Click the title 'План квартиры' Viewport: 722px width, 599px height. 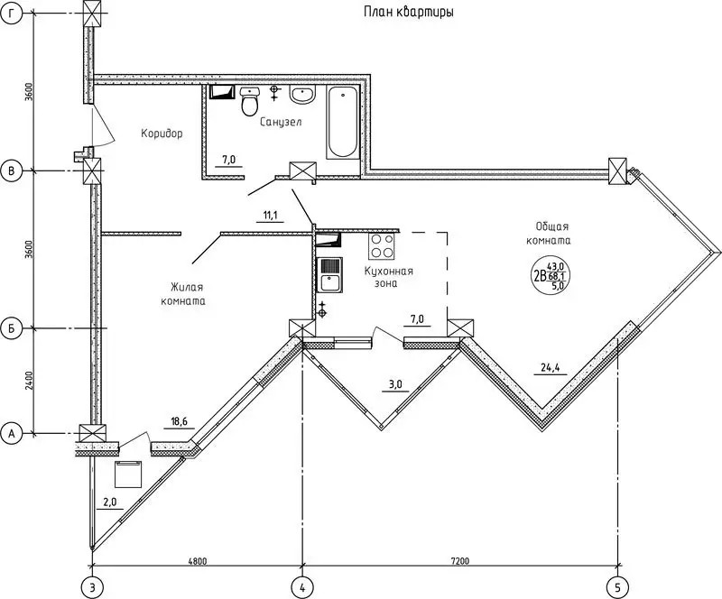(x=409, y=12)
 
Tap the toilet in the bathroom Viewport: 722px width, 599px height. (x=250, y=101)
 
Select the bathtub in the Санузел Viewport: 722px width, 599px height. (x=343, y=122)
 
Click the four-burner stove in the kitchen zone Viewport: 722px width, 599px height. (x=382, y=246)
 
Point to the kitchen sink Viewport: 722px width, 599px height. (x=329, y=275)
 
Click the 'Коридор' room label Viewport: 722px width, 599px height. (x=162, y=134)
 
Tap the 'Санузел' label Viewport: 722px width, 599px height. (x=281, y=122)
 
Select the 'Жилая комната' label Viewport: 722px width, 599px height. (x=183, y=294)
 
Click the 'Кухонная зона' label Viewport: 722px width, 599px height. (x=389, y=277)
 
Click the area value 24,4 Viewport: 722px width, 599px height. (x=550, y=367)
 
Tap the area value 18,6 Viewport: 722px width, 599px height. (x=180, y=421)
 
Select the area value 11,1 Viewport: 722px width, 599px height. (x=270, y=215)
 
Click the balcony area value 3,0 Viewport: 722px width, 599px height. (x=395, y=384)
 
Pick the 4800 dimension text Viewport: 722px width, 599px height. (x=198, y=561)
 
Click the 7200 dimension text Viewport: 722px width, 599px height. (x=460, y=561)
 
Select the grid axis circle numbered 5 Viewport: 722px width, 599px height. (x=617, y=586)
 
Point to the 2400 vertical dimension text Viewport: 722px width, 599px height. (x=30, y=381)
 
